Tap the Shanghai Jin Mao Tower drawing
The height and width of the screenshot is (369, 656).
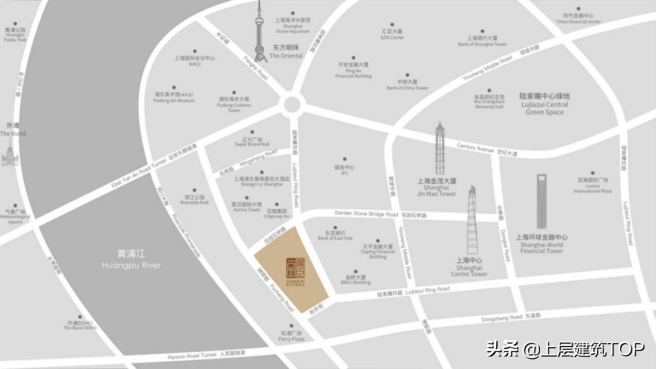click(x=440, y=149)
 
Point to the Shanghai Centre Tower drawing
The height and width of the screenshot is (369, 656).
click(x=471, y=222)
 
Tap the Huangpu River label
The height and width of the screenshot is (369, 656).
click(x=131, y=260)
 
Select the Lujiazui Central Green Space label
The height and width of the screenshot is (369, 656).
click(x=545, y=104)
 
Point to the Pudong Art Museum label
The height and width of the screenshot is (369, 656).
click(x=174, y=97)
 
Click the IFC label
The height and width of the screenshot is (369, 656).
click(x=344, y=170)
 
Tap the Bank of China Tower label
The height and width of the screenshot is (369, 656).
click(x=407, y=85)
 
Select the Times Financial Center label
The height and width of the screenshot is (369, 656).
click(x=578, y=18)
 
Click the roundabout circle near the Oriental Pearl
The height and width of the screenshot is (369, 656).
click(x=292, y=104)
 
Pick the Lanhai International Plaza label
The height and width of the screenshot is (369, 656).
click(x=593, y=185)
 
